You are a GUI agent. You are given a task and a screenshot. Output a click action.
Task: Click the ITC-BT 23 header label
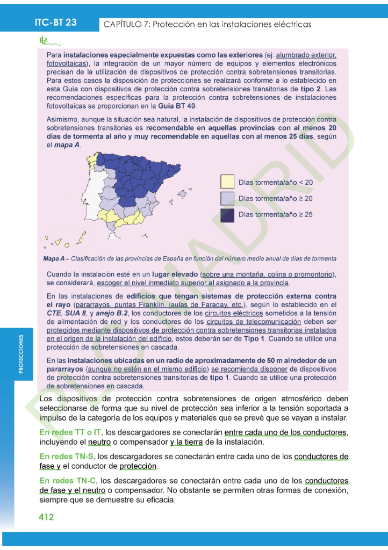56,23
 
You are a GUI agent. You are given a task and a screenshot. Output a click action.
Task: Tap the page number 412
46,517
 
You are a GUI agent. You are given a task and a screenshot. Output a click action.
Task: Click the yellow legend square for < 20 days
227,182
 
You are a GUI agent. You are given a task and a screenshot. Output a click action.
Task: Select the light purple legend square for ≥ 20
227,198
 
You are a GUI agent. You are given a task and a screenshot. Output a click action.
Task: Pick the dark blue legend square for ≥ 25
227,214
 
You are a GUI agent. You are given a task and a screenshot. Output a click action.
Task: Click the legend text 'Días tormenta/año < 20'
275,183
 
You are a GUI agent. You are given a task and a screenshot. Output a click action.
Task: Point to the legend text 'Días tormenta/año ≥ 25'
275,214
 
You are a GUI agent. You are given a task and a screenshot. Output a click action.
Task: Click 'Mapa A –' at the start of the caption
55,258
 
